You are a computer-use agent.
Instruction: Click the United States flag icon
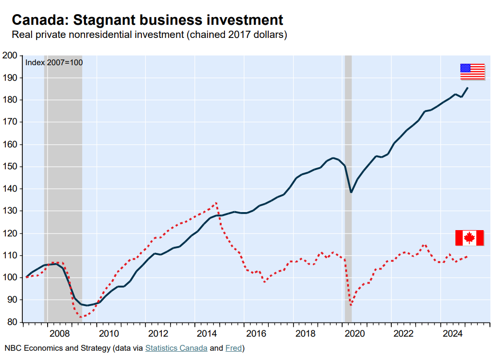(x=472, y=72)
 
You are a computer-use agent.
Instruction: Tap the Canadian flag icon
(x=469, y=238)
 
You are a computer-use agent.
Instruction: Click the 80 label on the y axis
(x=12, y=322)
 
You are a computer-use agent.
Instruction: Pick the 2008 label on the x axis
(x=60, y=333)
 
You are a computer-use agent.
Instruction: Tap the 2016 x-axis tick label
(x=256, y=333)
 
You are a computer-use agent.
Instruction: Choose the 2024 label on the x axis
(x=453, y=333)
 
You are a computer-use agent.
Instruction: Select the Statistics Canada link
(x=176, y=348)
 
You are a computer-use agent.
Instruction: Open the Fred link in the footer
(x=234, y=348)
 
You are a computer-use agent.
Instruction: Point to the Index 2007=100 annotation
(x=54, y=62)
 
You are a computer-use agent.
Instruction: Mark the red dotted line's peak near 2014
(x=216, y=202)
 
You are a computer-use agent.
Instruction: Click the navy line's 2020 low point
(x=351, y=192)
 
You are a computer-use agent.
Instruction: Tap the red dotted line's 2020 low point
(x=350, y=306)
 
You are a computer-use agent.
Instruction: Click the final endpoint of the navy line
(x=467, y=88)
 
